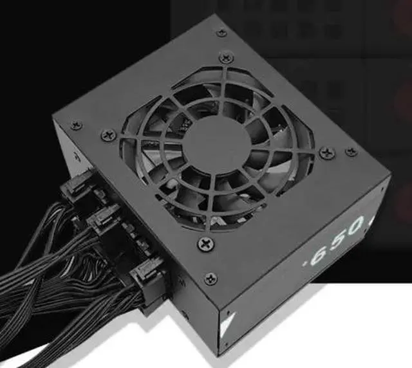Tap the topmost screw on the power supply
(x=221, y=33)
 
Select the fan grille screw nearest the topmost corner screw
(x=225, y=57)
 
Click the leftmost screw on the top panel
(x=76, y=125)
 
